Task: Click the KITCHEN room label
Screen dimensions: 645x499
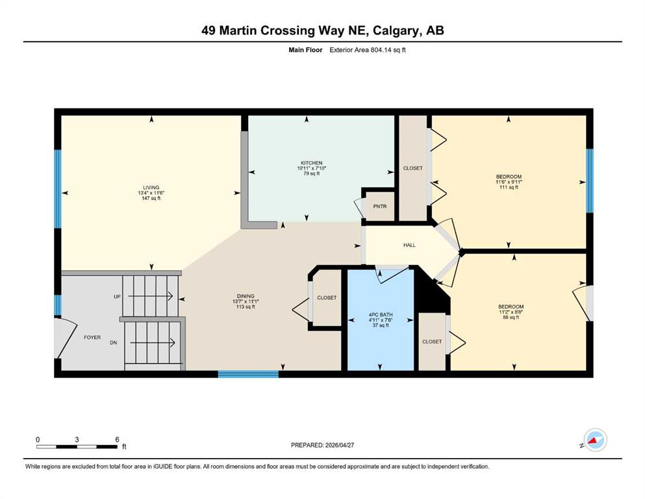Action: pyautogui.click(x=311, y=163)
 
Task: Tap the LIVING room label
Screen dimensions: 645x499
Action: pyautogui.click(x=151, y=188)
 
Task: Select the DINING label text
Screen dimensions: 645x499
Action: pyautogui.click(x=246, y=296)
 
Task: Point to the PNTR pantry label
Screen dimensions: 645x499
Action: pyautogui.click(x=380, y=207)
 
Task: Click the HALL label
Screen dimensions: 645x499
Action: pyautogui.click(x=409, y=245)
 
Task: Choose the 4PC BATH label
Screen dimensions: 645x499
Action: pyautogui.click(x=381, y=314)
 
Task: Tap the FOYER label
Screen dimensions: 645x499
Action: pyautogui.click(x=92, y=337)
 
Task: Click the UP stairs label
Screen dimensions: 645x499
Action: pyautogui.click(x=117, y=296)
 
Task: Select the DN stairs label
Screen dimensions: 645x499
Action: pyautogui.click(x=114, y=342)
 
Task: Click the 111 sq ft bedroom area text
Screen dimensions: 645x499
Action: pyautogui.click(x=509, y=187)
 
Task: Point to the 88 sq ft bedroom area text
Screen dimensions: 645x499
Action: pyautogui.click(x=511, y=317)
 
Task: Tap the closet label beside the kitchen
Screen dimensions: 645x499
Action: pyautogui.click(x=412, y=168)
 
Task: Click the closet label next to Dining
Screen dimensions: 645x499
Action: pyautogui.click(x=327, y=298)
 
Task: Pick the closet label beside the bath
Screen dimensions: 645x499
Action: pyautogui.click(x=432, y=342)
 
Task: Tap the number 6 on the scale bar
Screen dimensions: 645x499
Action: pyautogui.click(x=117, y=439)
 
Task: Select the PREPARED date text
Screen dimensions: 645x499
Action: pyautogui.click(x=322, y=445)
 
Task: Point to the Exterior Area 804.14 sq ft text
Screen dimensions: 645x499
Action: pyautogui.click(x=368, y=50)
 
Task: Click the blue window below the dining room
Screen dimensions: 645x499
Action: pyautogui.click(x=248, y=374)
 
